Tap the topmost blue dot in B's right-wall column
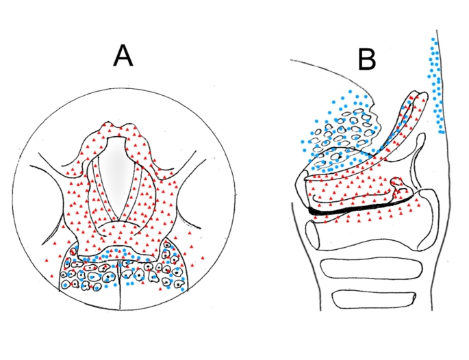pos(433,40)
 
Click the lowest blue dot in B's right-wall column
pos(442,132)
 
